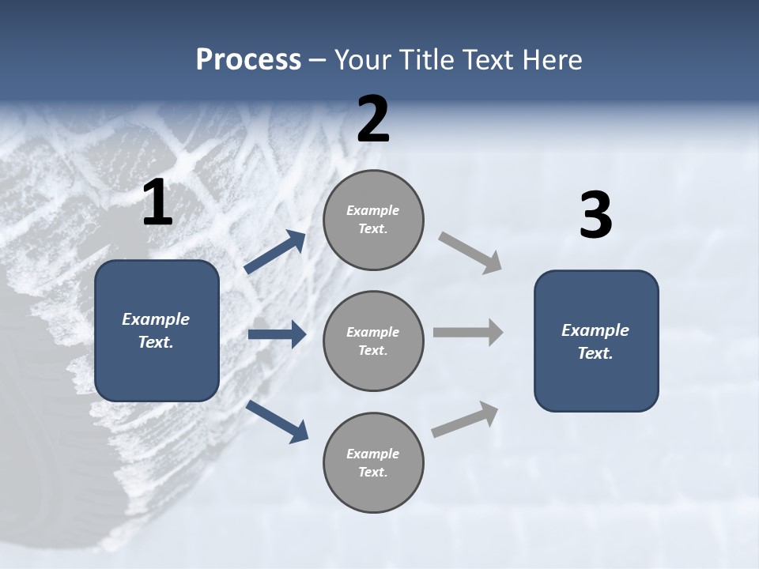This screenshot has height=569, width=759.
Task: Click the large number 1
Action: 157,204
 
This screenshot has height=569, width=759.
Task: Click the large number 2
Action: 373,120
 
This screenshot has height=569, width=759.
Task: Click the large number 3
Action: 595,217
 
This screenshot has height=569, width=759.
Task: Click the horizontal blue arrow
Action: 277,334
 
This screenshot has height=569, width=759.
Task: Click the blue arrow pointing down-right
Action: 278,421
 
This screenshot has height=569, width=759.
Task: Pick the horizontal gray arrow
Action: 468,332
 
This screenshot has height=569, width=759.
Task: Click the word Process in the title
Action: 248,59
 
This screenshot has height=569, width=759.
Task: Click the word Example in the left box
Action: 156,319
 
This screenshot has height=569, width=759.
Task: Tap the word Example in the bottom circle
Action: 372,454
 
